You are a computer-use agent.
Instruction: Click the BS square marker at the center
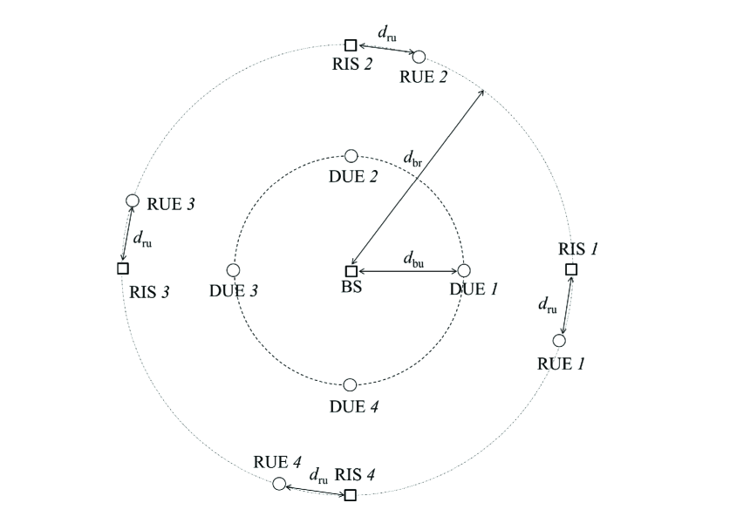click(x=351, y=271)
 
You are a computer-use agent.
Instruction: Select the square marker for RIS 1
click(x=571, y=269)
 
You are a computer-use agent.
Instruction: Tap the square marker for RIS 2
click(x=351, y=45)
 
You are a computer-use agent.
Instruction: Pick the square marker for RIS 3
click(x=123, y=268)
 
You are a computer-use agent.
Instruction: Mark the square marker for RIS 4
click(x=351, y=495)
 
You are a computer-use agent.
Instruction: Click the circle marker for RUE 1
click(x=559, y=341)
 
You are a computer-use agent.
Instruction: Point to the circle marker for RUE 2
click(x=419, y=57)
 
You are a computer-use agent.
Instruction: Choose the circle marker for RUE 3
click(x=133, y=201)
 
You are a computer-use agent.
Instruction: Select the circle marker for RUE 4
click(x=279, y=484)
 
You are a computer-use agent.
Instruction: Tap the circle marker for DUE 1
click(x=464, y=271)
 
